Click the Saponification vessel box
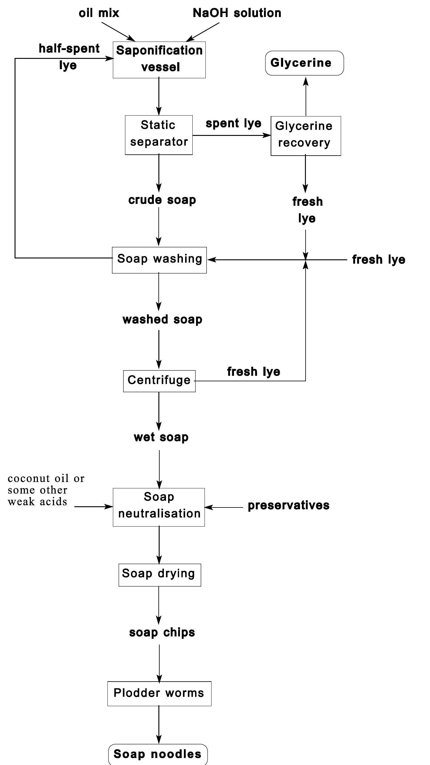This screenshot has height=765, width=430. [159, 60]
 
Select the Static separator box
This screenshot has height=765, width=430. [159, 135]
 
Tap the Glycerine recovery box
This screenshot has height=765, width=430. [306, 136]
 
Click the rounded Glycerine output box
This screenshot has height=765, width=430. [304, 63]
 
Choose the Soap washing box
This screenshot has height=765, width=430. [159, 260]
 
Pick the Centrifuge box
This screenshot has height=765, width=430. [159, 381]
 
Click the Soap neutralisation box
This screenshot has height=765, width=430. [159, 507]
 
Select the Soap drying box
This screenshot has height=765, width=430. [160, 575]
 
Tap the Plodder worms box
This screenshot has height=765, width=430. [159, 693]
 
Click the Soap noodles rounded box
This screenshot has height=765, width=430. [158, 754]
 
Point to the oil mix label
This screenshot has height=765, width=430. [99, 13]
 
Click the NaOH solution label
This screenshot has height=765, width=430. [237, 13]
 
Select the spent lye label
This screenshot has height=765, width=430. [233, 123]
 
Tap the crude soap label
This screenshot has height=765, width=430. [162, 200]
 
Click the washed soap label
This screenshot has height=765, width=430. [162, 319]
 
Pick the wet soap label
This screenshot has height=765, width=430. [161, 437]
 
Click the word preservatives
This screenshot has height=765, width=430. [288, 505]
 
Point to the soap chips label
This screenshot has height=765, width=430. [162, 632]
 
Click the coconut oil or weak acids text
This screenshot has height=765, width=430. [46, 490]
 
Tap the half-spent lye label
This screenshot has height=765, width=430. [69, 57]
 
